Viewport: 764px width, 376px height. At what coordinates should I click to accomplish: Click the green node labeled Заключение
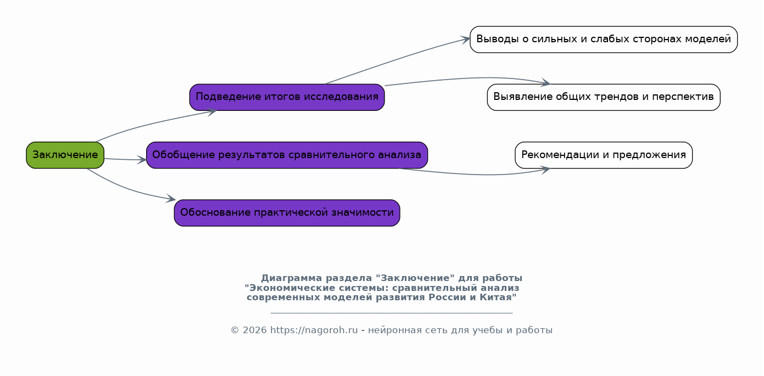65,155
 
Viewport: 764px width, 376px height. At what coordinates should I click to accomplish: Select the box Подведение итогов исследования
287,97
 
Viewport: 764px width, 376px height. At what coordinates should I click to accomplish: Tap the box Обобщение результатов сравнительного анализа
287,155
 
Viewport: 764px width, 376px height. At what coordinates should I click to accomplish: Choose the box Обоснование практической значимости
287,213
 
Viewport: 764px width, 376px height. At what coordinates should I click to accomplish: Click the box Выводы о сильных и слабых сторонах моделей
604,40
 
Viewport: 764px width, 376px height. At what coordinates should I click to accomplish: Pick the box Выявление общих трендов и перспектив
604,97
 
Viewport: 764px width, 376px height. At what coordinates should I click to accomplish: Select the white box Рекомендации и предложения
604,155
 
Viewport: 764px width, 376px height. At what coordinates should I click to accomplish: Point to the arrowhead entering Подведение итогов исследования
212,111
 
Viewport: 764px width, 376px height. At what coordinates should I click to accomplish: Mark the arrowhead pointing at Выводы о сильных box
466,40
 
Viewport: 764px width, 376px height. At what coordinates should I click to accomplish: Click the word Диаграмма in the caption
292,278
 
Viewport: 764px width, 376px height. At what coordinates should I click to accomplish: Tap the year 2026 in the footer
254,330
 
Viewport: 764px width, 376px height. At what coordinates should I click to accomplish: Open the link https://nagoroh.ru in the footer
314,330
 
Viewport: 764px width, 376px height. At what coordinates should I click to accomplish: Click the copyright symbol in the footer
235,330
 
